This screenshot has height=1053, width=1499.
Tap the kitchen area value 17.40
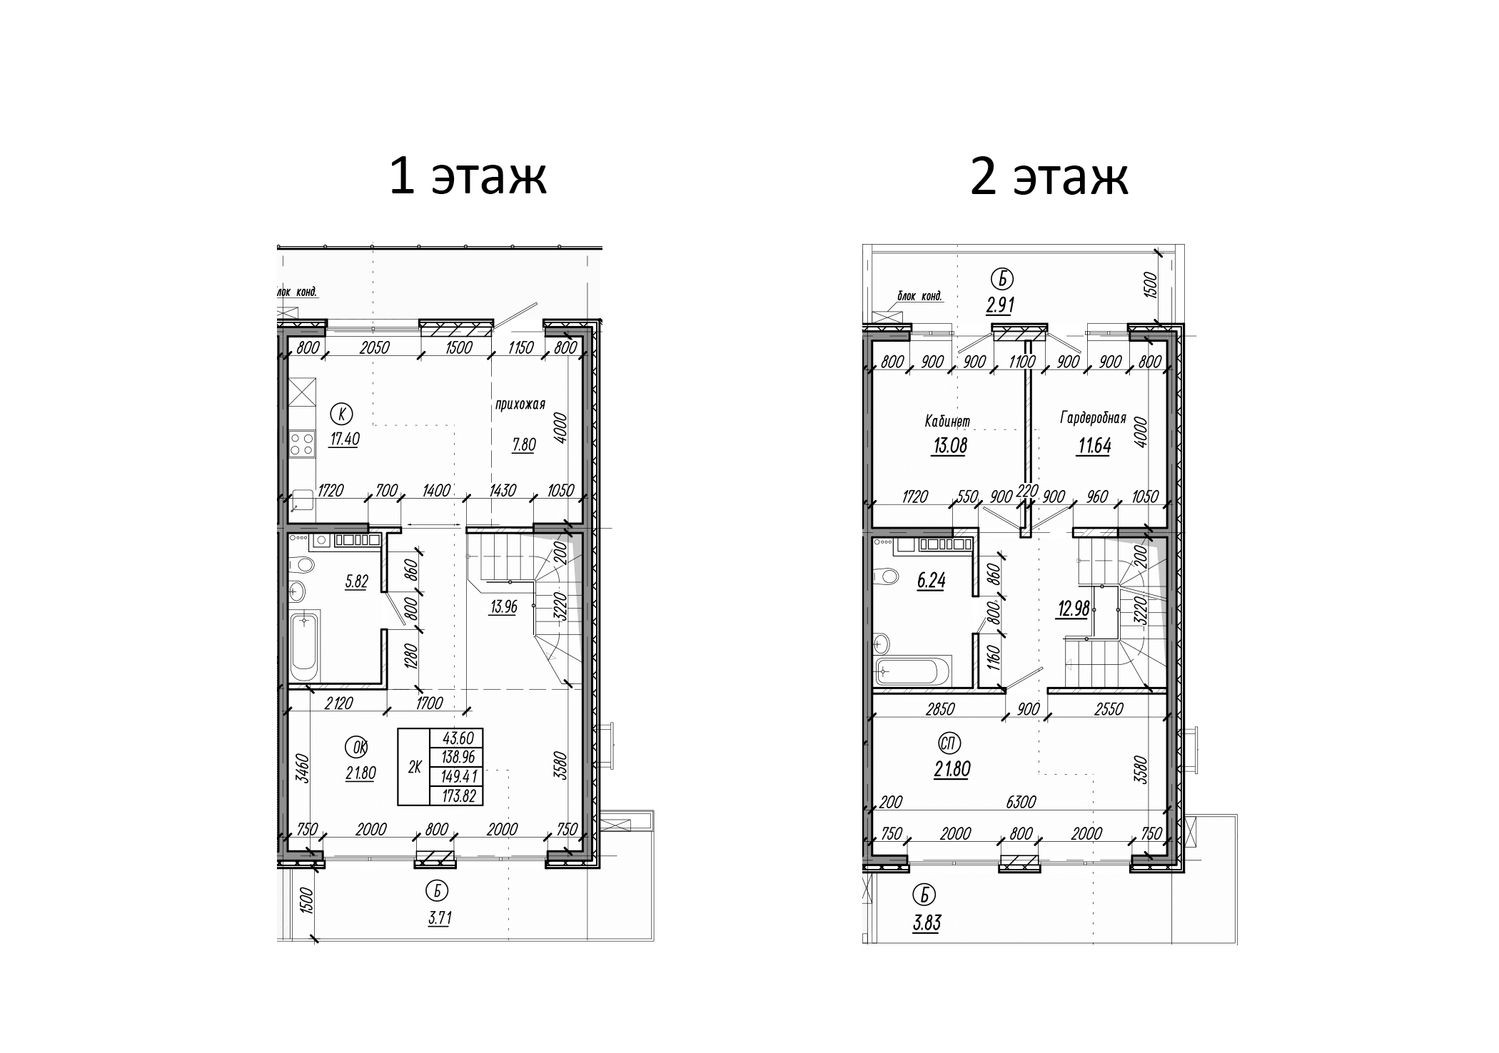pyautogui.click(x=344, y=439)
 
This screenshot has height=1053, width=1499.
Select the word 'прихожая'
pyautogui.click(x=520, y=405)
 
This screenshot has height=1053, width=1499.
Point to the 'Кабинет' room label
pyautogui.click(x=947, y=421)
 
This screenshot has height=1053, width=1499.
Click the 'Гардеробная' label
pyautogui.click(x=1093, y=418)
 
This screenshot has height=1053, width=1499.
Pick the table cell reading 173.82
pyautogui.click(x=457, y=796)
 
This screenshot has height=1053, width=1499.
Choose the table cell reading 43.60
pyautogui.click(x=457, y=738)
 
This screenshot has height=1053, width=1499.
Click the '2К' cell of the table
pyautogui.click(x=414, y=768)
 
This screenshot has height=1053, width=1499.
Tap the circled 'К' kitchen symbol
pyautogui.click(x=343, y=413)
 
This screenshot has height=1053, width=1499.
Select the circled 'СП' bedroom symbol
pyautogui.click(x=948, y=744)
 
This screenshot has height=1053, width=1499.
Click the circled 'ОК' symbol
pyautogui.click(x=356, y=747)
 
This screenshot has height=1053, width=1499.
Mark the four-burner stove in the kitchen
pyautogui.click(x=303, y=444)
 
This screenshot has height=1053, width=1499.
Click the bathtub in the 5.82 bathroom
pyautogui.click(x=305, y=648)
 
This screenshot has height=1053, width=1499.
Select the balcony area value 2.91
pyautogui.click(x=1000, y=305)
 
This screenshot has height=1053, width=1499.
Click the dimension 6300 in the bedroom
pyautogui.click(x=1020, y=803)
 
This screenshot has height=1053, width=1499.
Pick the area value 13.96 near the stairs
pyautogui.click(x=503, y=607)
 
